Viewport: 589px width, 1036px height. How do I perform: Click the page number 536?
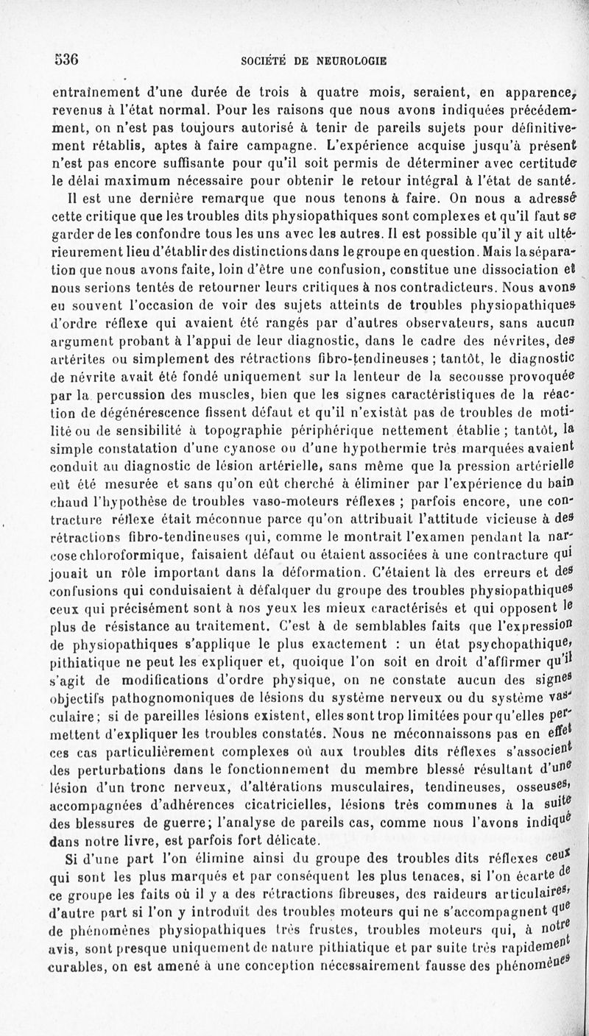(66, 60)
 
